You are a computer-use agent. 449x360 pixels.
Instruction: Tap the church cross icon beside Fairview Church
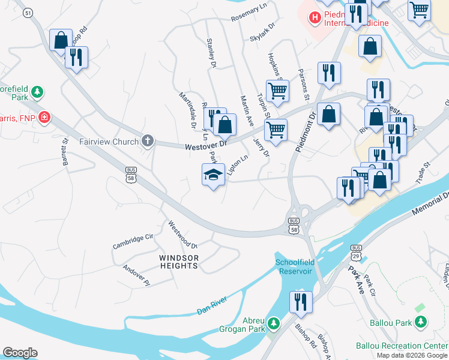pyautogui.click(x=148, y=142)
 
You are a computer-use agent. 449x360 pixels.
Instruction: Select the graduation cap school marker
pyautogui.click(x=213, y=175)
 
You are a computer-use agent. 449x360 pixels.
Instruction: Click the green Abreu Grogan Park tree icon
pyautogui.click(x=274, y=324)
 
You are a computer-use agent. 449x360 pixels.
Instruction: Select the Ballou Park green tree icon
pyautogui.click(x=421, y=323)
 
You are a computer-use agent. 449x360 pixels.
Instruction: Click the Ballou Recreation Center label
pyautogui.click(x=402, y=346)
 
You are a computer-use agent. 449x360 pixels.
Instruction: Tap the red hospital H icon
pyautogui.click(x=314, y=18)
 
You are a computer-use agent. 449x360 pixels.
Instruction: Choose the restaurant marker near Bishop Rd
pyautogui.click(x=300, y=302)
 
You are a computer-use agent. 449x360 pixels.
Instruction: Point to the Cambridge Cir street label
pyautogui.click(x=133, y=242)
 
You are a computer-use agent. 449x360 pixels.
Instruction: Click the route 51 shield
pyautogui.click(x=29, y=12)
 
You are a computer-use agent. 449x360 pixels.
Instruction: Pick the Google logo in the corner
pyautogui.click(x=20, y=353)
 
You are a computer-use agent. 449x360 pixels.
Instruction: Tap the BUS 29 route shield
pyautogui.click(x=356, y=251)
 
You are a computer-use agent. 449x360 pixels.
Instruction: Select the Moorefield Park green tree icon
pyautogui.click(x=37, y=92)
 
